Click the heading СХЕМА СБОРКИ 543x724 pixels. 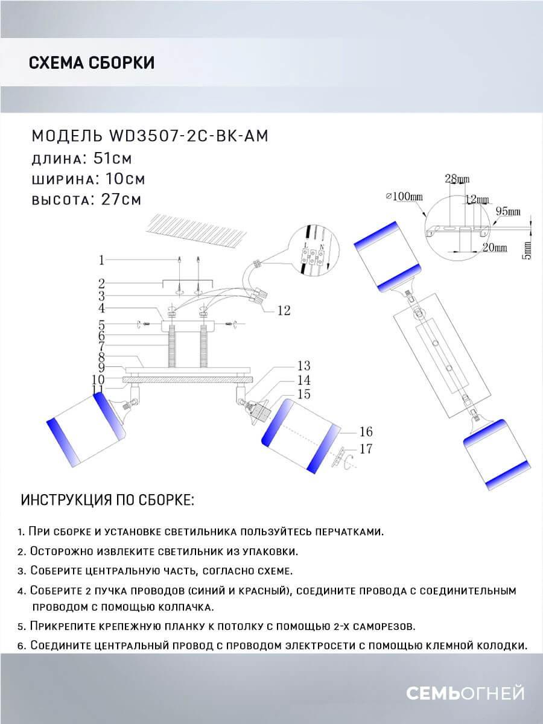pyautogui.click(x=92, y=63)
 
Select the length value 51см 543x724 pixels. pyautogui.click(x=106, y=158)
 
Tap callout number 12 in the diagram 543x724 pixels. pyautogui.click(x=284, y=311)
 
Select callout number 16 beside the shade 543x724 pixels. pyautogui.click(x=366, y=431)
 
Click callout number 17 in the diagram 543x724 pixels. pyautogui.click(x=366, y=449)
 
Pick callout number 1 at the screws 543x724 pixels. pyautogui.click(x=102, y=260)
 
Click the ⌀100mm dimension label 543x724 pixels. pyautogui.click(x=404, y=196)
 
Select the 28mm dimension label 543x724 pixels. pyautogui.click(x=457, y=179)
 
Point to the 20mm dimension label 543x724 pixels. pyautogui.click(x=494, y=247)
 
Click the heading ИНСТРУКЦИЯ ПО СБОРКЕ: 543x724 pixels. pyautogui.click(x=107, y=500)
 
